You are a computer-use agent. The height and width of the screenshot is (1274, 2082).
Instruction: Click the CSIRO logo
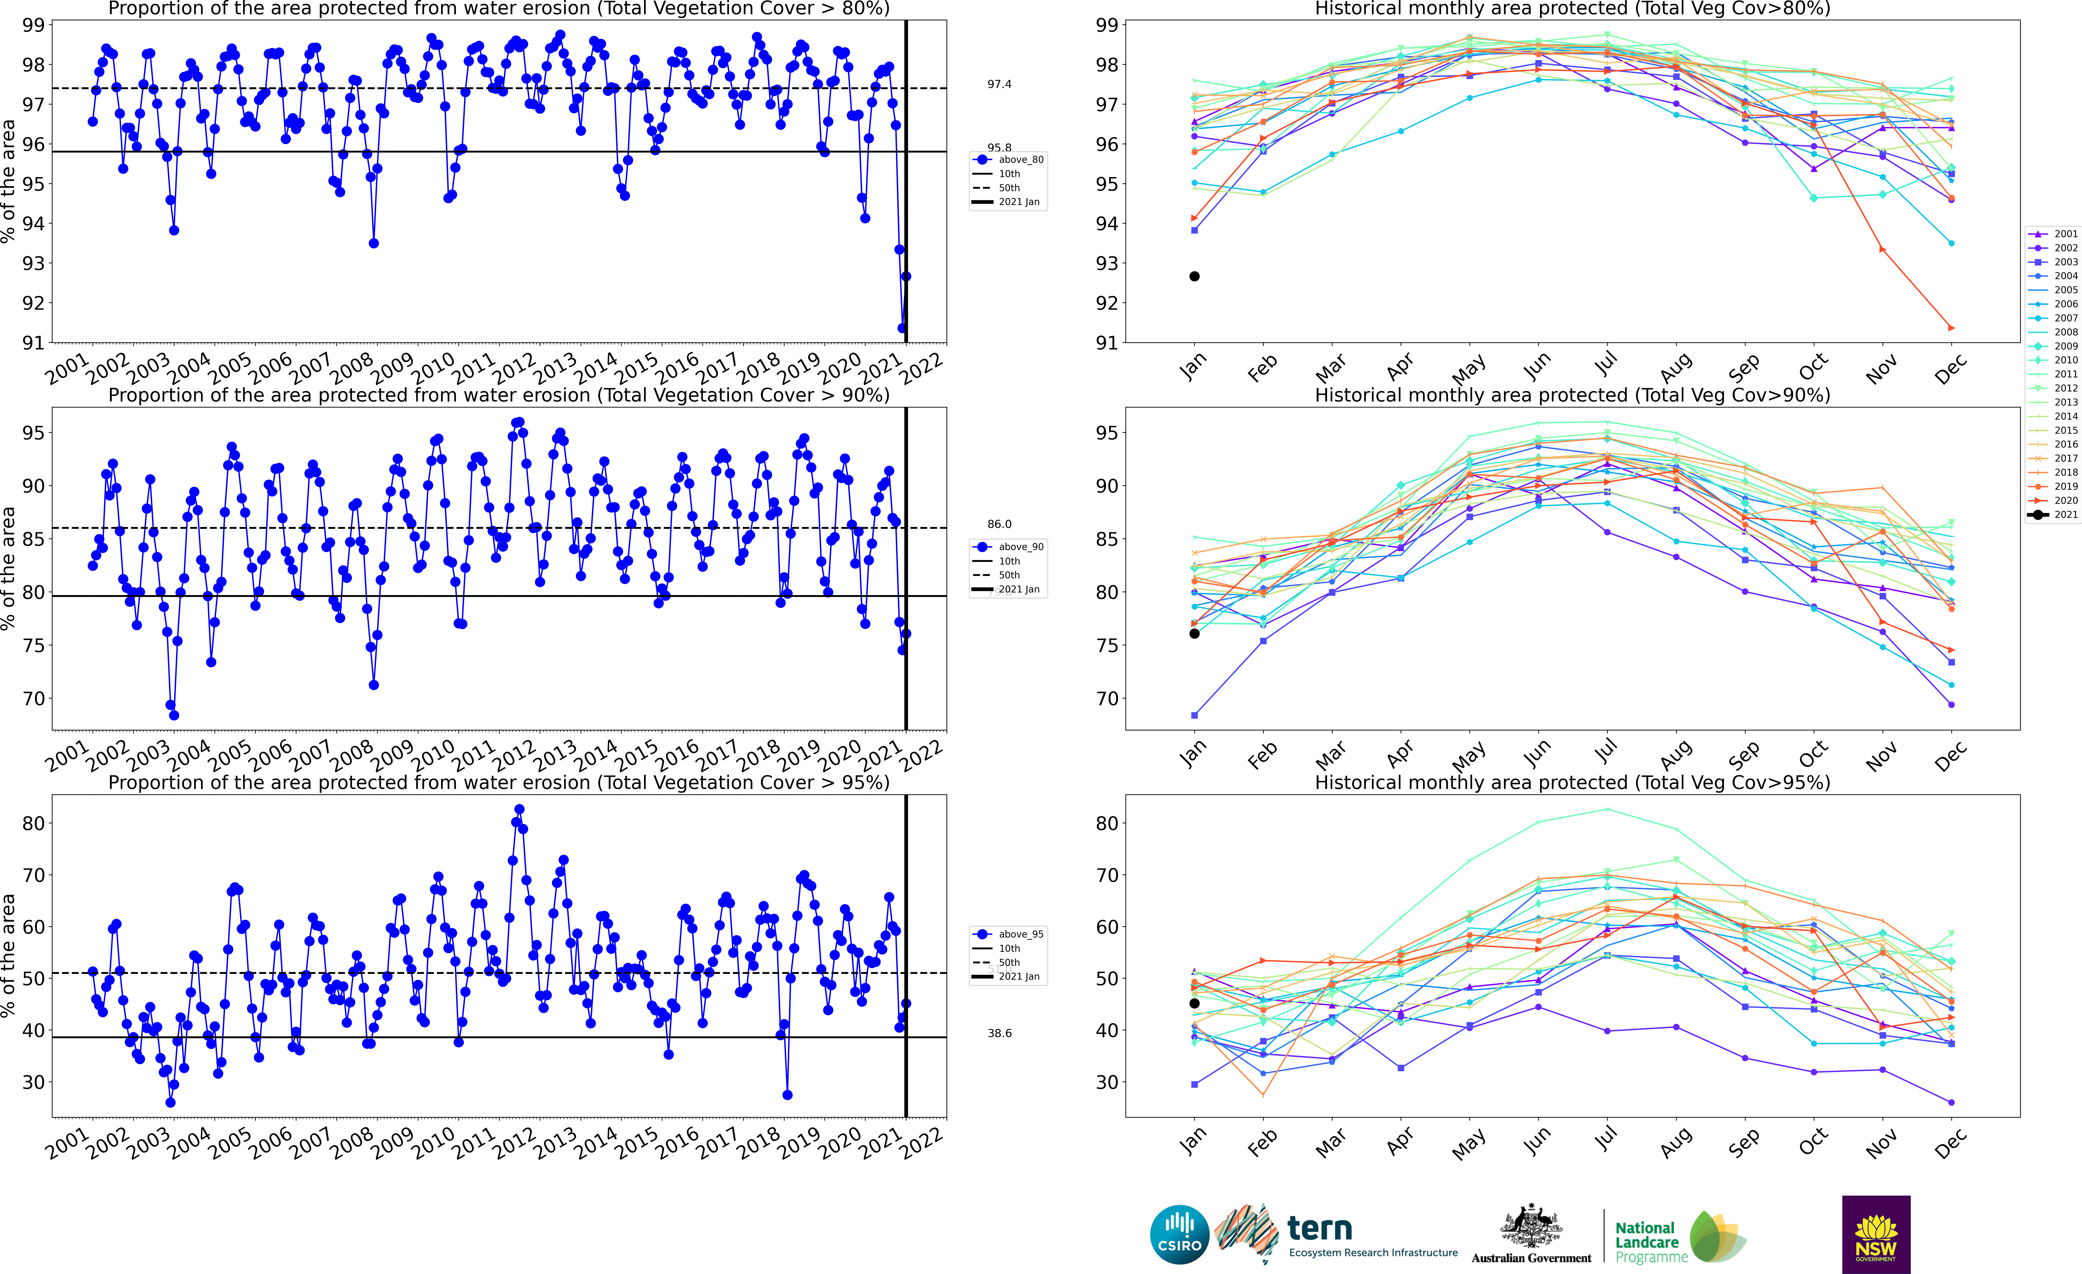pos(1180,1234)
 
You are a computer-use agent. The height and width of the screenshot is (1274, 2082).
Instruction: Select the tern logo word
pos(1320,1228)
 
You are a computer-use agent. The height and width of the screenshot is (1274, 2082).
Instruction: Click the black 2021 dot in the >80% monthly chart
pos(1194,276)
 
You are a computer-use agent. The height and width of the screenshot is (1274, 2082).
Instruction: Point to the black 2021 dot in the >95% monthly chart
pos(1194,1004)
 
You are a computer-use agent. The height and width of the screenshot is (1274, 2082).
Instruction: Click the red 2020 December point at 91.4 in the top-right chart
pos(1951,328)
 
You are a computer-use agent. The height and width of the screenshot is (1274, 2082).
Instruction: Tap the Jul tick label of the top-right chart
pos(1606,365)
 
